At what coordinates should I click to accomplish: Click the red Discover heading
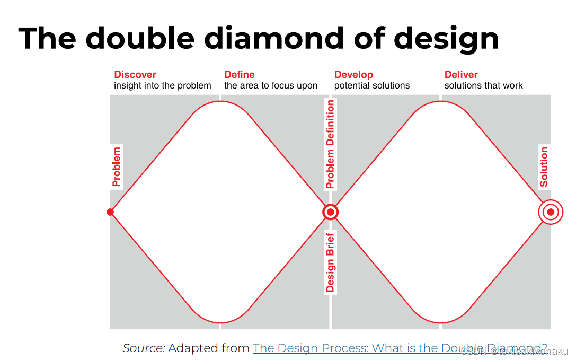[135, 75]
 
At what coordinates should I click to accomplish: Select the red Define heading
[239, 75]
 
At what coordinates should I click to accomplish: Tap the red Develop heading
[353, 75]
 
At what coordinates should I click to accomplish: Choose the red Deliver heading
[461, 75]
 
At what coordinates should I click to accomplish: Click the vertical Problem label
[117, 167]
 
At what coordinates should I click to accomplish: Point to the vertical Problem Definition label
[330, 144]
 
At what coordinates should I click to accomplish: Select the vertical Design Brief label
[330, 262]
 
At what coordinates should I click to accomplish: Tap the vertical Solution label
[544, 166]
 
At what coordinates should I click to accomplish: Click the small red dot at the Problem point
[110, 212]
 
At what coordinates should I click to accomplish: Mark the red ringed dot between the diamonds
[330, 212]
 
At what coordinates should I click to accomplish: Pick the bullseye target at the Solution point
[551, 212]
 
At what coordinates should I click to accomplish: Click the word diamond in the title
[281, 38]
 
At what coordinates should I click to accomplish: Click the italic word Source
[144, 348]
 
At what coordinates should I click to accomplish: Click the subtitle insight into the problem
[162, 85]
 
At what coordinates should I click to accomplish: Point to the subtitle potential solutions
[372, 85]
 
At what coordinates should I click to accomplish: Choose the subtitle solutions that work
[483, 85]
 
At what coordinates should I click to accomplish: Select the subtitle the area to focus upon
[271, 85]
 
